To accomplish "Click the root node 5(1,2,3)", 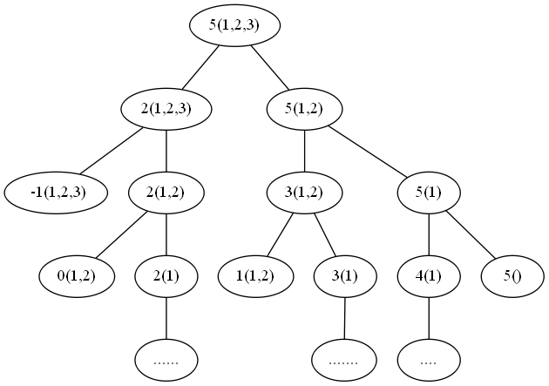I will [x=235, y=25].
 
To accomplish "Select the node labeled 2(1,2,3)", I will [x=166, y=109].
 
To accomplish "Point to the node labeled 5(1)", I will [x=429, y=192].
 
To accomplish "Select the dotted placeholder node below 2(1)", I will [x=166, y=358].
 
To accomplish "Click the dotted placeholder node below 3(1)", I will [x=346, y=358].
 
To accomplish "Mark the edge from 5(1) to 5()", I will [x=471, y=234].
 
